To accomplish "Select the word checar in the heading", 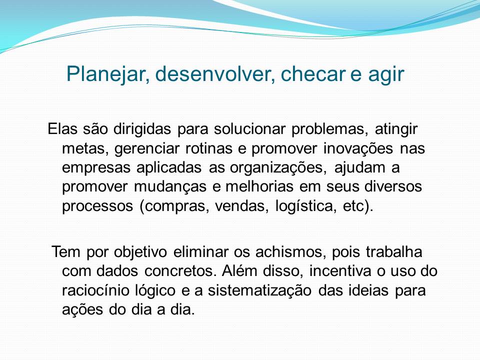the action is [x=312, y=74].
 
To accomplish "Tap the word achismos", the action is [x=289, y=252].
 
